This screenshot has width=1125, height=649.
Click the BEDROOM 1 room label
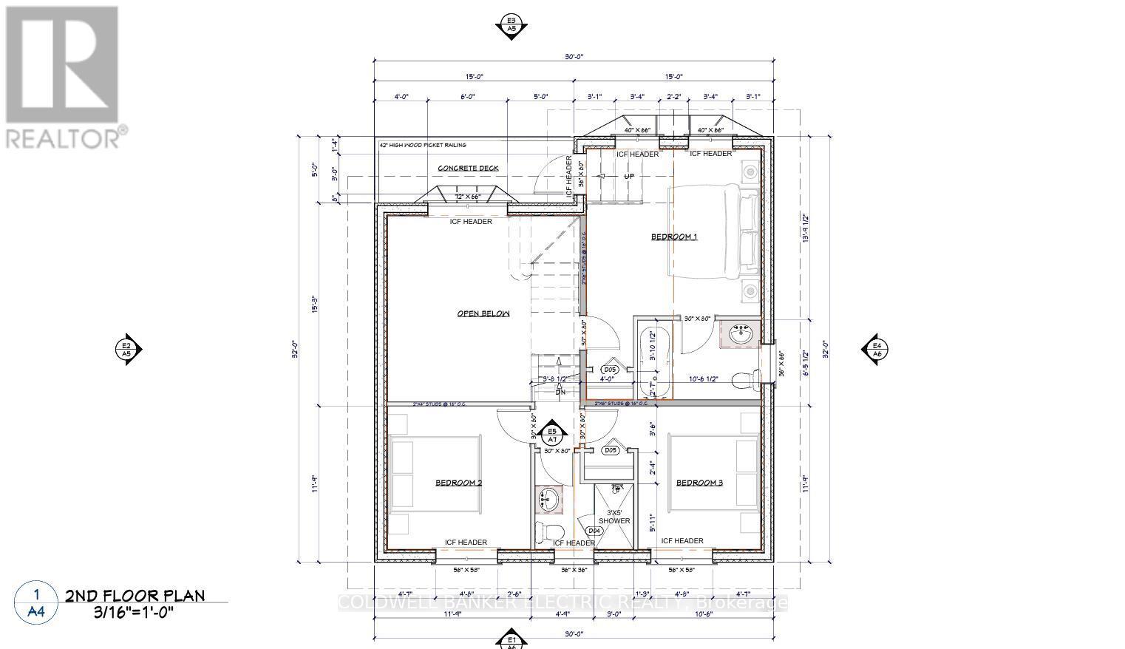[x=673, y=237]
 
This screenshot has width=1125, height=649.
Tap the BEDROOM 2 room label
[x=458, y=483]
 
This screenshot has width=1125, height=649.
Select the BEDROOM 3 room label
[x=699, y=483]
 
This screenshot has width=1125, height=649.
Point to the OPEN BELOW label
[x=483, y=313]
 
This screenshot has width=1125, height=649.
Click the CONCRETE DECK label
[x=468, y=168]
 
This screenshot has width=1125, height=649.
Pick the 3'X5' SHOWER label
[x=614, y=516]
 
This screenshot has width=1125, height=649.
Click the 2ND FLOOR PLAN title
[x=135, y=596]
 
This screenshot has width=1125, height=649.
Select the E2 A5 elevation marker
[x=126, y=349]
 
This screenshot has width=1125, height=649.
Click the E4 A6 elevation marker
[x=877, y=349]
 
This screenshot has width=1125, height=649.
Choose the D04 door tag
[x=594, y=530]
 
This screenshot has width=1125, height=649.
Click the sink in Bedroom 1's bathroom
[x=740, y=335]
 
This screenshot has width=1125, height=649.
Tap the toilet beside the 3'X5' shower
[x=548, y=530]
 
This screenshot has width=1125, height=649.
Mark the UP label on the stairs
[x=628, y=177]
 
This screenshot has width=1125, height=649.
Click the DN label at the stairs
[x=560, y=392]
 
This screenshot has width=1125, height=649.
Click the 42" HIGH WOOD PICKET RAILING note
[x=423, y=145]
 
